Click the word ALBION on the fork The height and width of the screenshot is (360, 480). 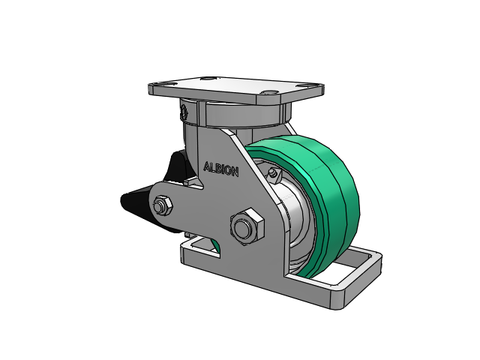click(220, 169)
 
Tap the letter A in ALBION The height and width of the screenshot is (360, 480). click(207, 166)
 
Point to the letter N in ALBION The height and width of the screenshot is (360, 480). click(235, 172)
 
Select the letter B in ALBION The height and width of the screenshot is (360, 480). click(218, 169)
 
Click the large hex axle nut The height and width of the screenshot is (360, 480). click(247, 227)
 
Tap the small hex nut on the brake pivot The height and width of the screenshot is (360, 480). click(162, 205)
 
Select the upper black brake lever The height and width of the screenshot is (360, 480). click(177, 166)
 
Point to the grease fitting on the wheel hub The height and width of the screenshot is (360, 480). click(273, 174)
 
